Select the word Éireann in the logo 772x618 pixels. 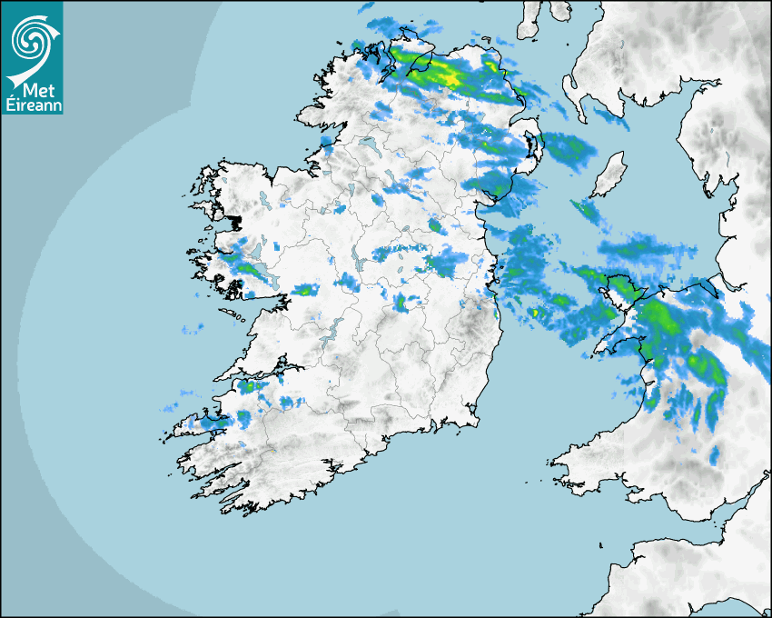[31, 105]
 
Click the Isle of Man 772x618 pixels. [609, 174]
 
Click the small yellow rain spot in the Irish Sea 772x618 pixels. [536, 313]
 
